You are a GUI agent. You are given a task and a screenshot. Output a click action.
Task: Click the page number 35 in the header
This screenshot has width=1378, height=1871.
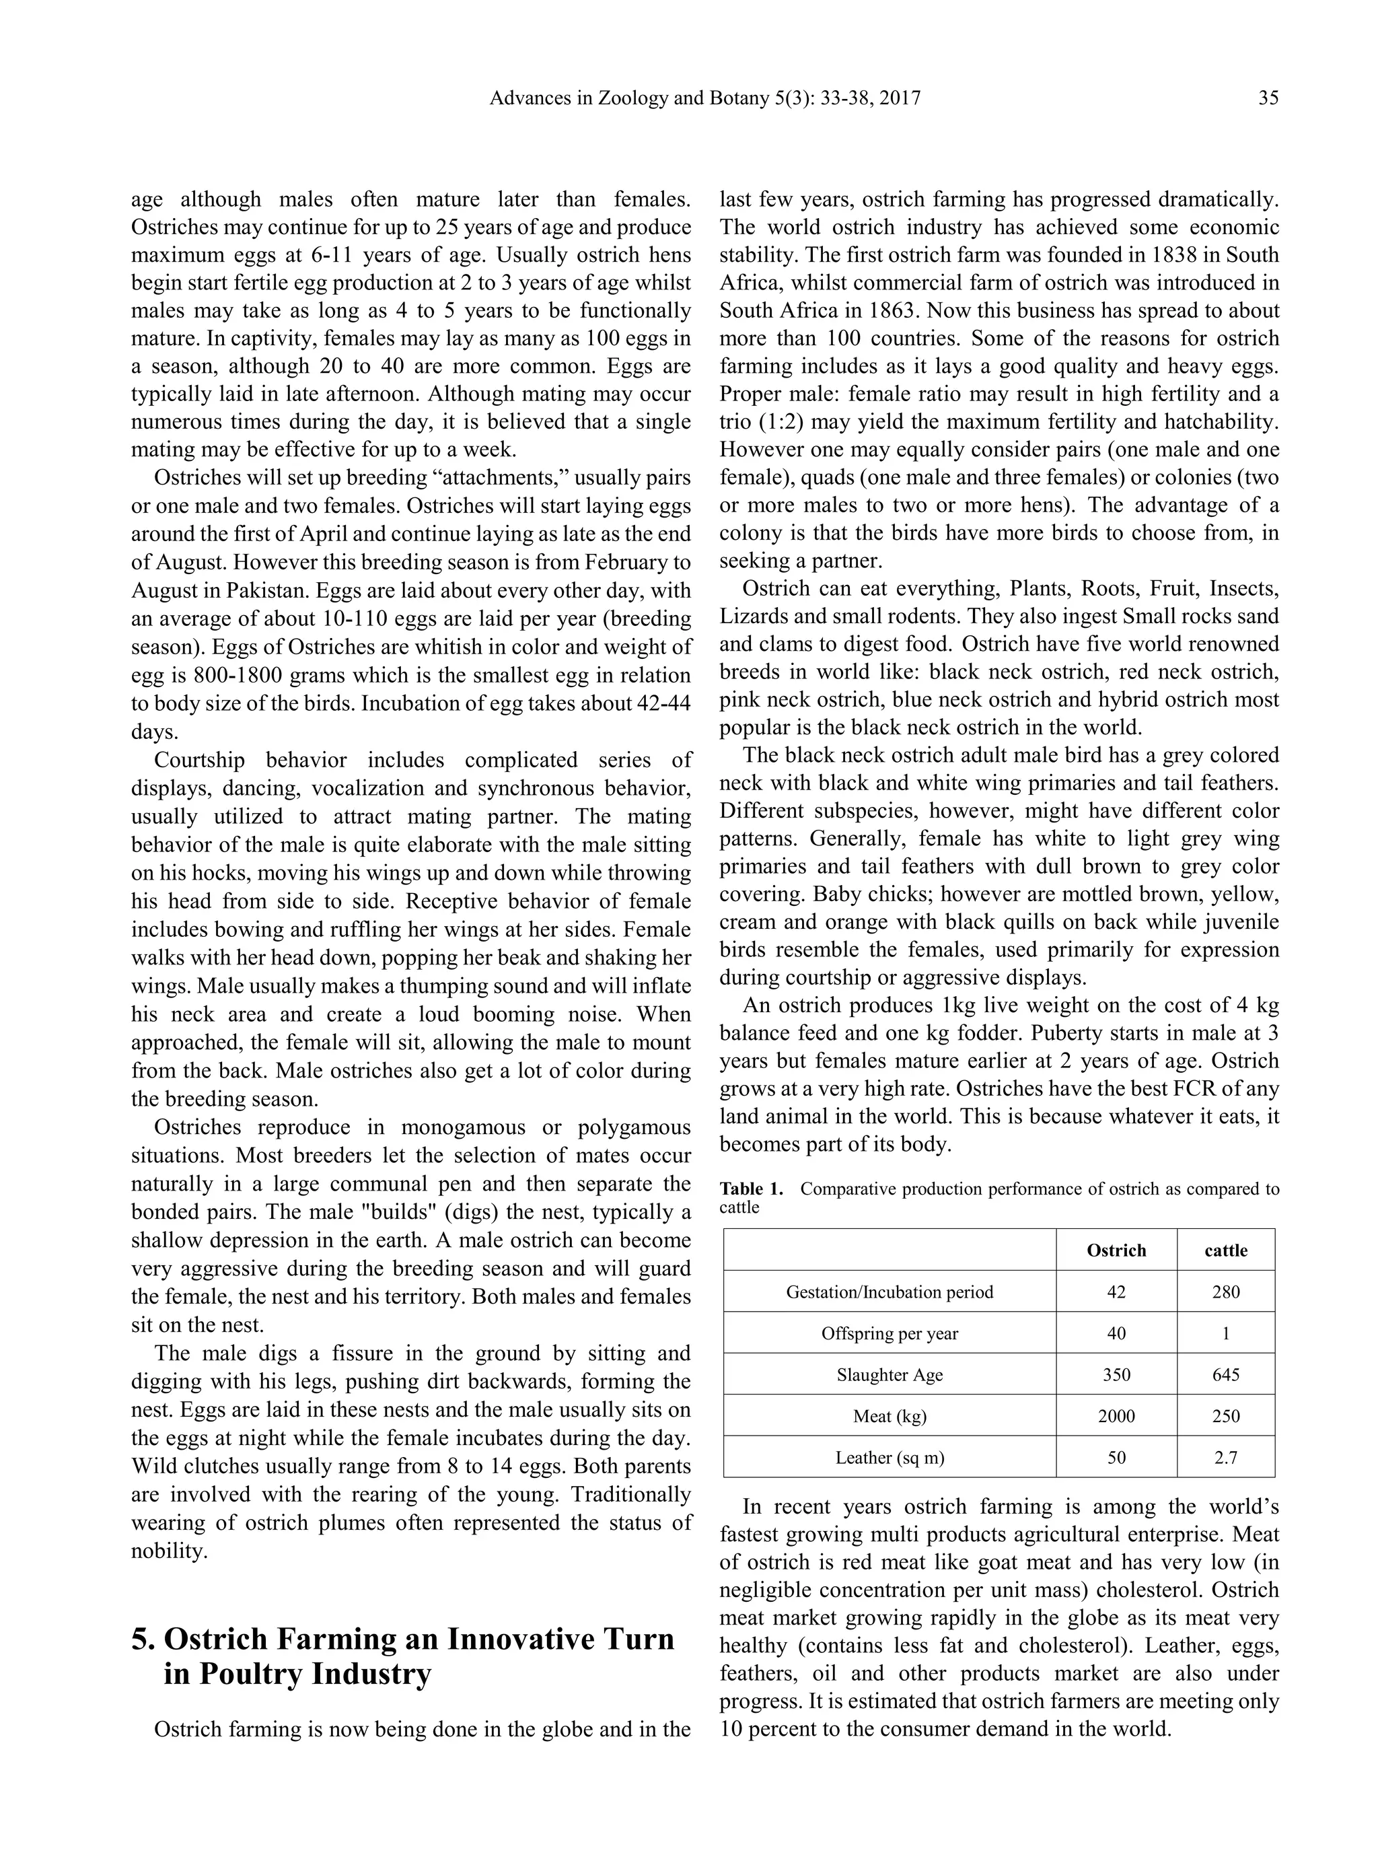(x=1268, y=98)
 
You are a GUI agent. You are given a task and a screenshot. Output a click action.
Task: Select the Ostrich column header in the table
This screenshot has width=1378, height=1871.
(x=1116, y=1250)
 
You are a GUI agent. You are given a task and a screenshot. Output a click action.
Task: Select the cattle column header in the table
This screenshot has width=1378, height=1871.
(x=1225, y=1250)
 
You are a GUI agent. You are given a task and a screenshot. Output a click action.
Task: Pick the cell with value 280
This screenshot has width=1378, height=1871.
(x=1225, y=1292)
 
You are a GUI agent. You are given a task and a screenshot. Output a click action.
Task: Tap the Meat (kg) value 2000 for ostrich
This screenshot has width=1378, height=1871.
(x=1116, y=1417)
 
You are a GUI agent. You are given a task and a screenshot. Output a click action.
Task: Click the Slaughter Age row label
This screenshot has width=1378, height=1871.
(x=890, y=1375)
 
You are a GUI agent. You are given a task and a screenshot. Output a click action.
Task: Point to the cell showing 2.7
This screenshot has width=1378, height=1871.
(x=1225, y=1457)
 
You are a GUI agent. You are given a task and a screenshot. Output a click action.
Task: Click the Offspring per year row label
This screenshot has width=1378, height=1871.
(x=890, y=1333)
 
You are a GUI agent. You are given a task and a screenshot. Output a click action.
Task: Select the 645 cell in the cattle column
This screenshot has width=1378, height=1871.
(x=1225, y=1375)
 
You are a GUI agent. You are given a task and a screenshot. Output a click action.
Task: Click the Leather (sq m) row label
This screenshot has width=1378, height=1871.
(x=890, y=1457)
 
